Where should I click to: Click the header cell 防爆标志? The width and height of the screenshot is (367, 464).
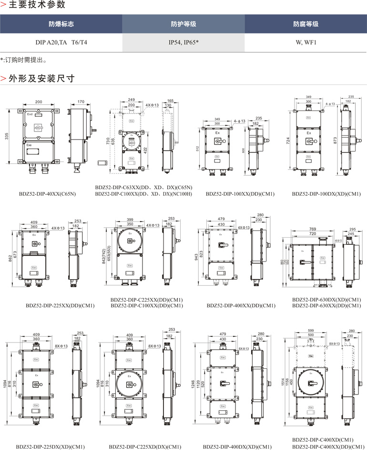tap(61, 24)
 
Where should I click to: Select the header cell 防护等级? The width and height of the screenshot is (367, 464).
tap(183, 24)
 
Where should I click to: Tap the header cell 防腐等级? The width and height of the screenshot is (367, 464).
tap(306, 24)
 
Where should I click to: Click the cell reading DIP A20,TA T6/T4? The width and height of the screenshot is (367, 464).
tap(61, 42)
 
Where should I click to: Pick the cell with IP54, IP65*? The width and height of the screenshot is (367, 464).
tap(183, 42)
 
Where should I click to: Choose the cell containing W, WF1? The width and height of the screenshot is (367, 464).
tap(306, 42)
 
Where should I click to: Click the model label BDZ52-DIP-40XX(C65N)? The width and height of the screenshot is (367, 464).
tap(47, 194)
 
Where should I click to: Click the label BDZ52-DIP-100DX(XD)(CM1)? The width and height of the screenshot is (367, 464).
tap(326, 194)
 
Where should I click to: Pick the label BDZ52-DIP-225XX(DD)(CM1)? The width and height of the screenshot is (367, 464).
tap(60, 305)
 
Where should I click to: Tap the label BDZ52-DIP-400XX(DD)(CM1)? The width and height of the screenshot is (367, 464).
tap(241, 305)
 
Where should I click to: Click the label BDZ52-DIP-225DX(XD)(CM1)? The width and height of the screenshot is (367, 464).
tap(50, 447)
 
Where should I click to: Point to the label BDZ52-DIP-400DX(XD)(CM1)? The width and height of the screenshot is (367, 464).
tap(237, 447)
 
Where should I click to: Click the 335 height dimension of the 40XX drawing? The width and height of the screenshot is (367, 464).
tap(7, 137)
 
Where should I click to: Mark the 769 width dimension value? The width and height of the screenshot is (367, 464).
tap(312, 230)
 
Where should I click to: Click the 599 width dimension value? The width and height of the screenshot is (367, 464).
tap(311, 330)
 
